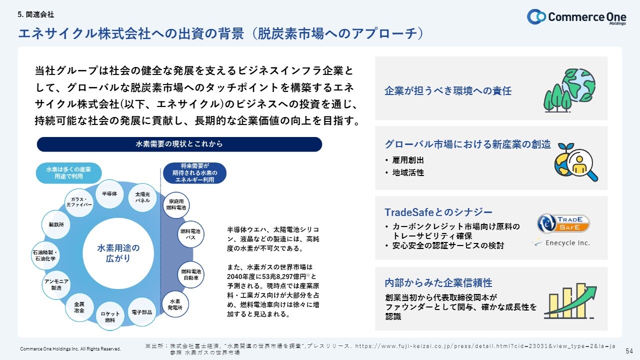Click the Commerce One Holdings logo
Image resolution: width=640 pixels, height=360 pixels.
576,17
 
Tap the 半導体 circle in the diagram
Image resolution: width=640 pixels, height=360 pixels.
109,194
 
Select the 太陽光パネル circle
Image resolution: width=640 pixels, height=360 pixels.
142,197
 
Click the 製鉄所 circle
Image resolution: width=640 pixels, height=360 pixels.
56,224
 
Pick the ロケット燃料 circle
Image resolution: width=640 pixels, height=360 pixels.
110,316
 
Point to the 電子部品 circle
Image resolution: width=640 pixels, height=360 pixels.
141,312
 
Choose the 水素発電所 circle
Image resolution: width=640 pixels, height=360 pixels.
175,304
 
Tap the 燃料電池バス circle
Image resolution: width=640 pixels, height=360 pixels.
190,234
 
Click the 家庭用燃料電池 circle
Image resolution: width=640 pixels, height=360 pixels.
176,205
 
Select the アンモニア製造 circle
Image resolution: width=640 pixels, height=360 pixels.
56,285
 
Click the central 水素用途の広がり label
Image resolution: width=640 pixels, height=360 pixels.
118,253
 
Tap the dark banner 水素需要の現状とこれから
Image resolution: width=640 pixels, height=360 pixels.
179,144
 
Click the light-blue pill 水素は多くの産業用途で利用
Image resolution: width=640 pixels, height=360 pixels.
68,173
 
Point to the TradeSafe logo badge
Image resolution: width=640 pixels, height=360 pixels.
563,223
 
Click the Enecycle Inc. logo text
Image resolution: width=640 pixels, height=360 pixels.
567,243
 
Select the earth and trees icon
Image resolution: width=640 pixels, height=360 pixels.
569,90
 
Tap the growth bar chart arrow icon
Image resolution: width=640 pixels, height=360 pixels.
570,301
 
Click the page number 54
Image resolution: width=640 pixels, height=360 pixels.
629,351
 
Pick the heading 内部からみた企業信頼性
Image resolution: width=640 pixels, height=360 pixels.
438,283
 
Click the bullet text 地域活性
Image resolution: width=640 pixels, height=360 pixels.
408,172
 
